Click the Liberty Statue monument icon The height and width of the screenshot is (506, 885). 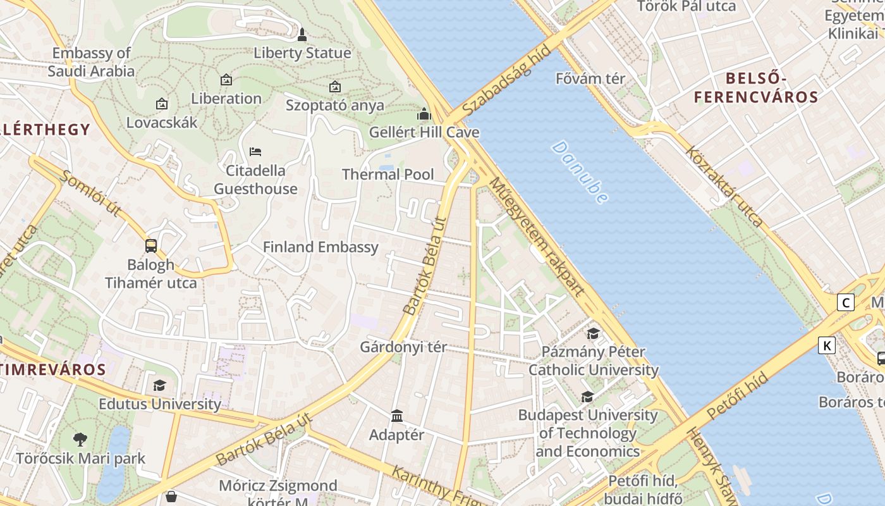[x=302, y=34]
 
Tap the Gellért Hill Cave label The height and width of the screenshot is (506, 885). [x=424, y=133]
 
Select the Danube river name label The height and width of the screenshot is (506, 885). [x=580, y=172]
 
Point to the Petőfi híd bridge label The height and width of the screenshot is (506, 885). [x=737, y=396]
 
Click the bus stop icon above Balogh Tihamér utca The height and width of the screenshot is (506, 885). [x=150, y=245]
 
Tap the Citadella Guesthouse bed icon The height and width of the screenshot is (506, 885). [x=255, y=152]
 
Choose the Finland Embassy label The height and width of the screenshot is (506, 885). [x=320, y=247]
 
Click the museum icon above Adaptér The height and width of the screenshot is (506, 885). [x=397, y=416]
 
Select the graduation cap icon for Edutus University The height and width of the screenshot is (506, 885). [x=159, y=385]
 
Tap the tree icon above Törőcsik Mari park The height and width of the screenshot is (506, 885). [x=80, y=439]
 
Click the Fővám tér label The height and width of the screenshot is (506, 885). [x=590, y=79]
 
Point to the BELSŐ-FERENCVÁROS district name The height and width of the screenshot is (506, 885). [x=756, y=88]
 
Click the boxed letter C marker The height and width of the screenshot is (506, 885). [x=845, y=302]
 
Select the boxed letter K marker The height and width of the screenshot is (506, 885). [x=826, y=345]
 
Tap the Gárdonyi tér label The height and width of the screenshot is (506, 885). [x=403, y=347]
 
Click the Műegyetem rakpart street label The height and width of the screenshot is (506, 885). [x=537, y=237]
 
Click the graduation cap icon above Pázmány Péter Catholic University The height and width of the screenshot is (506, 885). [x=593, y=333]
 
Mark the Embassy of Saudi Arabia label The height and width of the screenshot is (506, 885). [x=91, y=62]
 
